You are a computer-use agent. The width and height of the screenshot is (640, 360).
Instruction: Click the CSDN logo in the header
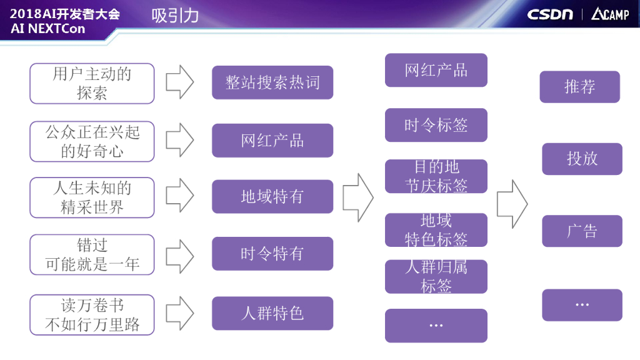[x=550, y=14]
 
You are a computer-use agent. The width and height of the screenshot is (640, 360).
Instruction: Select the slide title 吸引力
[x=175, y=16]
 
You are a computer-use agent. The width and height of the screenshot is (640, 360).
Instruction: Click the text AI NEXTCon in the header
[x=48, y=29]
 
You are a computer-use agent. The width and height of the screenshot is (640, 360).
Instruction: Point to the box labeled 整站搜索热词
[x=272, y=82]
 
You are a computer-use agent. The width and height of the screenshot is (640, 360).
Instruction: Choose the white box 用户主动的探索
[x=92, y=83]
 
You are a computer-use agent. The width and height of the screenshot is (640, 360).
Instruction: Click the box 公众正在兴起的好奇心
[x=92, y=141]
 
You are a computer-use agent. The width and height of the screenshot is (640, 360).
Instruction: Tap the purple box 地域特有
[x=272, y=197]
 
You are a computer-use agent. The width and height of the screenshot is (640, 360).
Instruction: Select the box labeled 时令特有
[x=272, y=254]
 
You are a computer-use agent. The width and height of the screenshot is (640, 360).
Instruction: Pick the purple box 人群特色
[x=272, y=313]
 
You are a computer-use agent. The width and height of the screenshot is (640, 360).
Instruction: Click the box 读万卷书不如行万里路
[x=92, y=315]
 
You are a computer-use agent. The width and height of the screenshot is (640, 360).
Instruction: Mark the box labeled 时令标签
[x=436, y=126]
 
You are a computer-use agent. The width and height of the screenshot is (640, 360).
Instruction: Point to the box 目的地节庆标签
[x=436, y=176]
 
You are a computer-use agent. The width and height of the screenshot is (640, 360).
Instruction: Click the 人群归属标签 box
[x=436, y=277]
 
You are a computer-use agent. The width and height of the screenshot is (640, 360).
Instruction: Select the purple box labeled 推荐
[x=579, y=87]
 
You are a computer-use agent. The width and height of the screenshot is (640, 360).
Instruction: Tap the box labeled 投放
[x=582, y=159]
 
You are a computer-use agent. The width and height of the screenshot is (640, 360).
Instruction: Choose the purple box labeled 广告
[x=582, y=231]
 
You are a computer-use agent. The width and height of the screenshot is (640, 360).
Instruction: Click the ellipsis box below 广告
[x=582, y=305]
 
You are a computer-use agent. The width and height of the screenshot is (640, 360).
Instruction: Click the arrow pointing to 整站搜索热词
[x=180, y=82]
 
